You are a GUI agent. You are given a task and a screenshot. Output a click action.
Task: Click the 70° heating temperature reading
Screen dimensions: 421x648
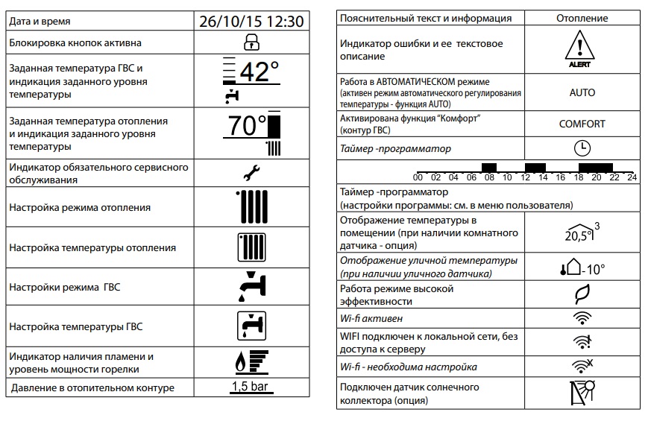pos(248,126)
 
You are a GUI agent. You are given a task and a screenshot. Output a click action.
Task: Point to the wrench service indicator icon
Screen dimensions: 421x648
pos(252,174)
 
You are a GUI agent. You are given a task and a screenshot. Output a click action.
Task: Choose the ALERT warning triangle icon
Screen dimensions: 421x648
pos(582,49)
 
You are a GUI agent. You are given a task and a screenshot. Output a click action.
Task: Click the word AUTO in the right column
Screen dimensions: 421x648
pos(582,92)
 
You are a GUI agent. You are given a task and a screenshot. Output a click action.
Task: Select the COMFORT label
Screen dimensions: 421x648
pos(582,124)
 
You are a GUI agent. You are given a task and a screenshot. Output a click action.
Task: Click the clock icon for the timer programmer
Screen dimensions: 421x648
pos(582,148)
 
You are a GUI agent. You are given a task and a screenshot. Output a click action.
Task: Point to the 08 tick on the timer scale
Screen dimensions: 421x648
pos(488,178)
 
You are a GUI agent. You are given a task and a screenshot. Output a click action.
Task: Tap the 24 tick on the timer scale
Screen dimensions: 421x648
pos(631,178)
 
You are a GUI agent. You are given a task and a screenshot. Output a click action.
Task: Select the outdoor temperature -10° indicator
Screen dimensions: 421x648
pos(582,269)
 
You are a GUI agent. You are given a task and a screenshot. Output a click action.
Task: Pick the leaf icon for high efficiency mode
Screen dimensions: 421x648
pos(582,295)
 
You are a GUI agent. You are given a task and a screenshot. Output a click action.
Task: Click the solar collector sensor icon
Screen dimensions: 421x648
pos(582,393)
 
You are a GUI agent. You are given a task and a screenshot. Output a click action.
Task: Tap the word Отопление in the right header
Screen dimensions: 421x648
pos(582,18)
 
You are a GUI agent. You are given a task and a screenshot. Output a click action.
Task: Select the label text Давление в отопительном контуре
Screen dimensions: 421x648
pos(92,387)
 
